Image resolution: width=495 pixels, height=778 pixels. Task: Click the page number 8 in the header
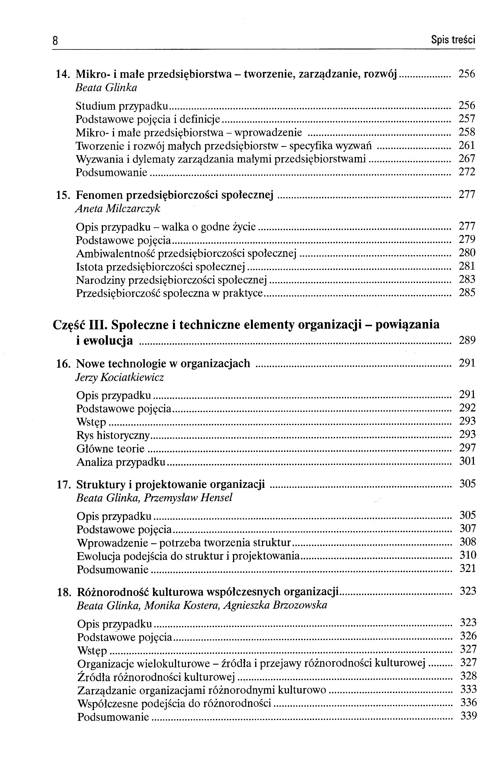point(55,41)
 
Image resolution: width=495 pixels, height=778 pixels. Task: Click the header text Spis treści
point(453,40)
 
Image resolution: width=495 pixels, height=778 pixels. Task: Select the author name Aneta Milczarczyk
point(118,209)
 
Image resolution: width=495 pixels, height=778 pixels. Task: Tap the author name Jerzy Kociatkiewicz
point(120,377)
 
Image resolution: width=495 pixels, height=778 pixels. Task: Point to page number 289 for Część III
point(467,340)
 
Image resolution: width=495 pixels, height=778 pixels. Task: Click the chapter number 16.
point(63,364)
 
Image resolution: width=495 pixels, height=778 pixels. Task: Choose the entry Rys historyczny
point(113,436)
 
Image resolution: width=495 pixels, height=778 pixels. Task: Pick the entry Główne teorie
point(110,449)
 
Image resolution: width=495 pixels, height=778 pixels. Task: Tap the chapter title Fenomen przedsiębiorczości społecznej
point(175,195)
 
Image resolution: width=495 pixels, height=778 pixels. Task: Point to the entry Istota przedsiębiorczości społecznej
point(160,267)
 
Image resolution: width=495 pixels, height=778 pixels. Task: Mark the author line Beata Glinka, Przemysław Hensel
point(154,498)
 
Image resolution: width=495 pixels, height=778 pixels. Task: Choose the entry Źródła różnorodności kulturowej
point(156,677)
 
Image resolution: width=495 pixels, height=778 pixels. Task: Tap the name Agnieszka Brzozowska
point(275,605)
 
